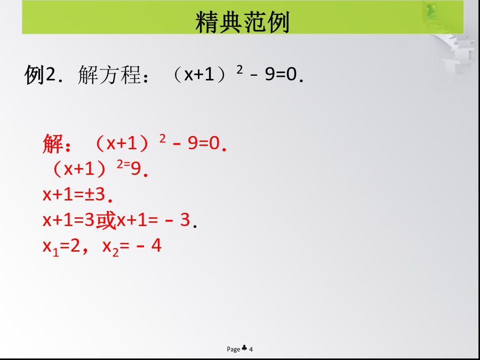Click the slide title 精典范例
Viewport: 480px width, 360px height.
pyautogui.click(x=242, y=22)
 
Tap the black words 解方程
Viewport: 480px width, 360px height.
pyautogui.click(x=109, y=75)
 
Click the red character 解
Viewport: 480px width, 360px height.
pyautogui.click(x=53, y=143)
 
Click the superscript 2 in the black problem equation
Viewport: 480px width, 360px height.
pyautogui.click(x=239, y=70)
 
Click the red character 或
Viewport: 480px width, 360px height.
pyautogui.click(x=106, y=220)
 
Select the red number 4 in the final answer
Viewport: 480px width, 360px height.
pyautogui.click(x=156, y=246)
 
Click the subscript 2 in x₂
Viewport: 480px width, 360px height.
pyautogui.click(x=115, y=253)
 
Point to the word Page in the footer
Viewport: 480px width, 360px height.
pyautogui.click(x=233, y=349)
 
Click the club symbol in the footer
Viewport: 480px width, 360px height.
pyautogui.click(x=244, y=348)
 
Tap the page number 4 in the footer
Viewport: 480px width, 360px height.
pyautogui.click(x=251, y=349)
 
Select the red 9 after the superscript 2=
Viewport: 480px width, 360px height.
pyautogui.click(x=135, y=169)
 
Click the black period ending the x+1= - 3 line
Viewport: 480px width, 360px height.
pyautogui.click(x=195, y=227)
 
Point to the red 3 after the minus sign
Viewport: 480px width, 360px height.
pyautogui.click(x=185, y=220)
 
